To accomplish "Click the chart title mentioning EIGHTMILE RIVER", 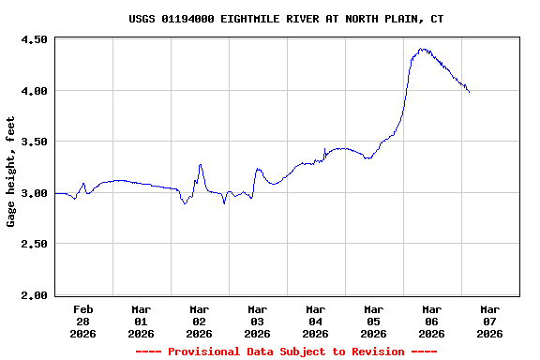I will [x=286, y=19].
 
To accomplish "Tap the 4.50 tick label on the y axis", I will [x=34, y=39].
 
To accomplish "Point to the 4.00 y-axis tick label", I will [x=34, y=91].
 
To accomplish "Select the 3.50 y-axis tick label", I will [x=34, y=142].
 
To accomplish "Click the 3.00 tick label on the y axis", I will [x=34, y=193].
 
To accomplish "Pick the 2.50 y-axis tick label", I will [x=34, y=244].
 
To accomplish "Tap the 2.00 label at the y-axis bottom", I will [x=34, y=295].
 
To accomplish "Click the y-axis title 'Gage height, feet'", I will [x=11, y=172].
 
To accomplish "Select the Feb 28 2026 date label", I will [x=83, y=321].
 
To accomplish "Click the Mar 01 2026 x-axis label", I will [x=142, y=321].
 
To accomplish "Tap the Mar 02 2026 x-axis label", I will [x=200, y=321].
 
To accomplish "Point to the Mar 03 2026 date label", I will [x=258, y=321].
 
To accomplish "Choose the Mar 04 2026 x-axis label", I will [x=316, y=321].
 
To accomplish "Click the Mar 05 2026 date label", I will [x=374, y=321].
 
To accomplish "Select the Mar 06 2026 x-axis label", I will [x=432, y=321].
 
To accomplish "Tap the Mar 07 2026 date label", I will [x=490, y=321].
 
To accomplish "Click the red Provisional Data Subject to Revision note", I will [x=286, y=352].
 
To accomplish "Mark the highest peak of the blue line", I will [x=423, y=49].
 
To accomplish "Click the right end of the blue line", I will [x=469, y=92].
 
